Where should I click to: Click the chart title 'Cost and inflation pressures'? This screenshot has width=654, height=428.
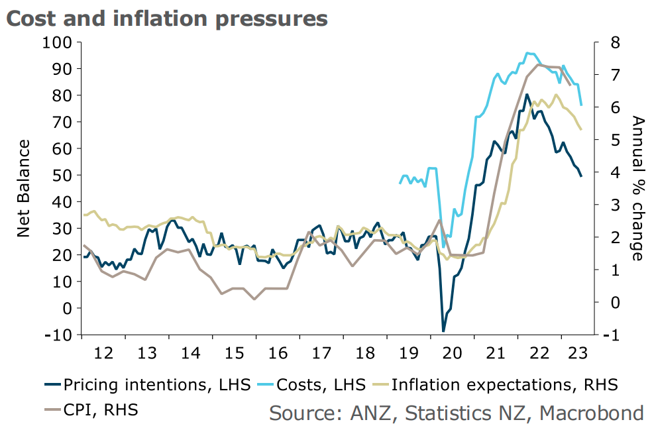(166, 18)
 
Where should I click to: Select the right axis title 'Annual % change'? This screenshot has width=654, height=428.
(637, 188)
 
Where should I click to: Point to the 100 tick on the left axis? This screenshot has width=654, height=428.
(61, 42)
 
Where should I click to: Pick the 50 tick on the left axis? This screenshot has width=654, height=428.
(64, 175)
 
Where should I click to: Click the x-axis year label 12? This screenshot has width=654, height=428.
(103, 350)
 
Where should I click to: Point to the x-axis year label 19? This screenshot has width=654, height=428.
(408, 350)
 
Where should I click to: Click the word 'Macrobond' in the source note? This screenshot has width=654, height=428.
(591, 413)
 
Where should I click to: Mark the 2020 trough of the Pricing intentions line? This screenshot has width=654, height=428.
(443, 331)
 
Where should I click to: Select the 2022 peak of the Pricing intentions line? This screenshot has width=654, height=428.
(527, 95)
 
